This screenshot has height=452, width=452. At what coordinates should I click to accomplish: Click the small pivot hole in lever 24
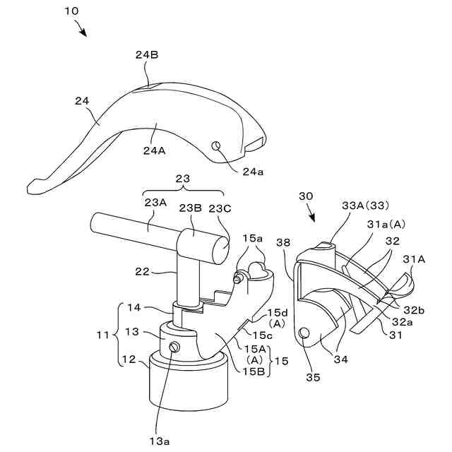pos(217,145)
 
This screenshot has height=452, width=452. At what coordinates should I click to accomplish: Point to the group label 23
pos(182,179)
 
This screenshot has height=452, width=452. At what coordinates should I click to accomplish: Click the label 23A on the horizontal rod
pos(157,203)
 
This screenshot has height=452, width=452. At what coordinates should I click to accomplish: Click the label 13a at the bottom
pos(159,441)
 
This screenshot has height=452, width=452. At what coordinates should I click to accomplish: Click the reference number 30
pos(305,196)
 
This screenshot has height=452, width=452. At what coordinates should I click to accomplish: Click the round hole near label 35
pos(304,333)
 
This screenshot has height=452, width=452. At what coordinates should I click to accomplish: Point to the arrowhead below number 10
pos(84,32)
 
